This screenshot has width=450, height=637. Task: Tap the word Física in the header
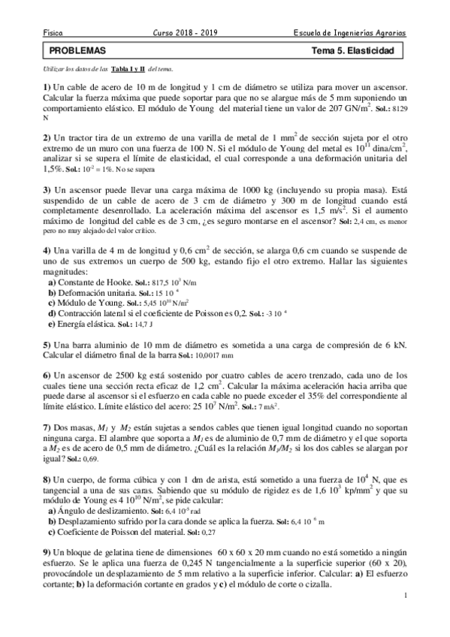point(53,34)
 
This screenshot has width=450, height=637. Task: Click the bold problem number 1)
point(47,88)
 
